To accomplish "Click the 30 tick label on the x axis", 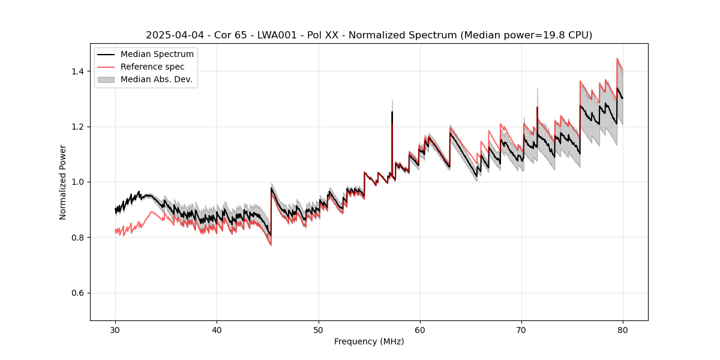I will click(115, 330).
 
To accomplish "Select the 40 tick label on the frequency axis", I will click(217, 330).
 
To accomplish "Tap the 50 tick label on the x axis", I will click(319, 330).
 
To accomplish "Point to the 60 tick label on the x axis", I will click(420, 330).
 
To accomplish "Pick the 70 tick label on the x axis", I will click(521, 330).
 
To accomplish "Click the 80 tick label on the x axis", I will click(623, 330).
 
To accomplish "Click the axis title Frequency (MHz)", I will click(369, 341).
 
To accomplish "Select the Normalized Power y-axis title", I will click(63, 182).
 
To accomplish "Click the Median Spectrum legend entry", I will click(157, 55).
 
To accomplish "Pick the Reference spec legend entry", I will click(152, 67).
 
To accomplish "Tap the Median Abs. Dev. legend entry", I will click(156, 79).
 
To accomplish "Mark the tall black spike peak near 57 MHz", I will click(392, 112).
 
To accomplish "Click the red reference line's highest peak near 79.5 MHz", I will click(617, 59).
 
